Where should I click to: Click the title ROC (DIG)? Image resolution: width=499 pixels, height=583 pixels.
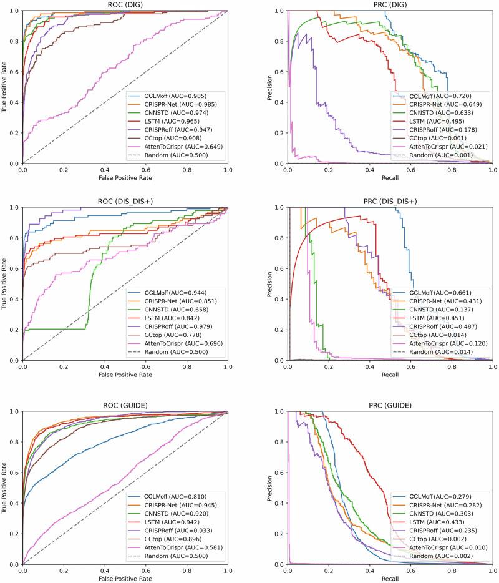[x=125, y=4]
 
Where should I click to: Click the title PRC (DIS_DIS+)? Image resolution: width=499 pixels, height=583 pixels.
[x=390, y=201]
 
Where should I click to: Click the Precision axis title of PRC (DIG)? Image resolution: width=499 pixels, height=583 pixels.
[x=270, y=87]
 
